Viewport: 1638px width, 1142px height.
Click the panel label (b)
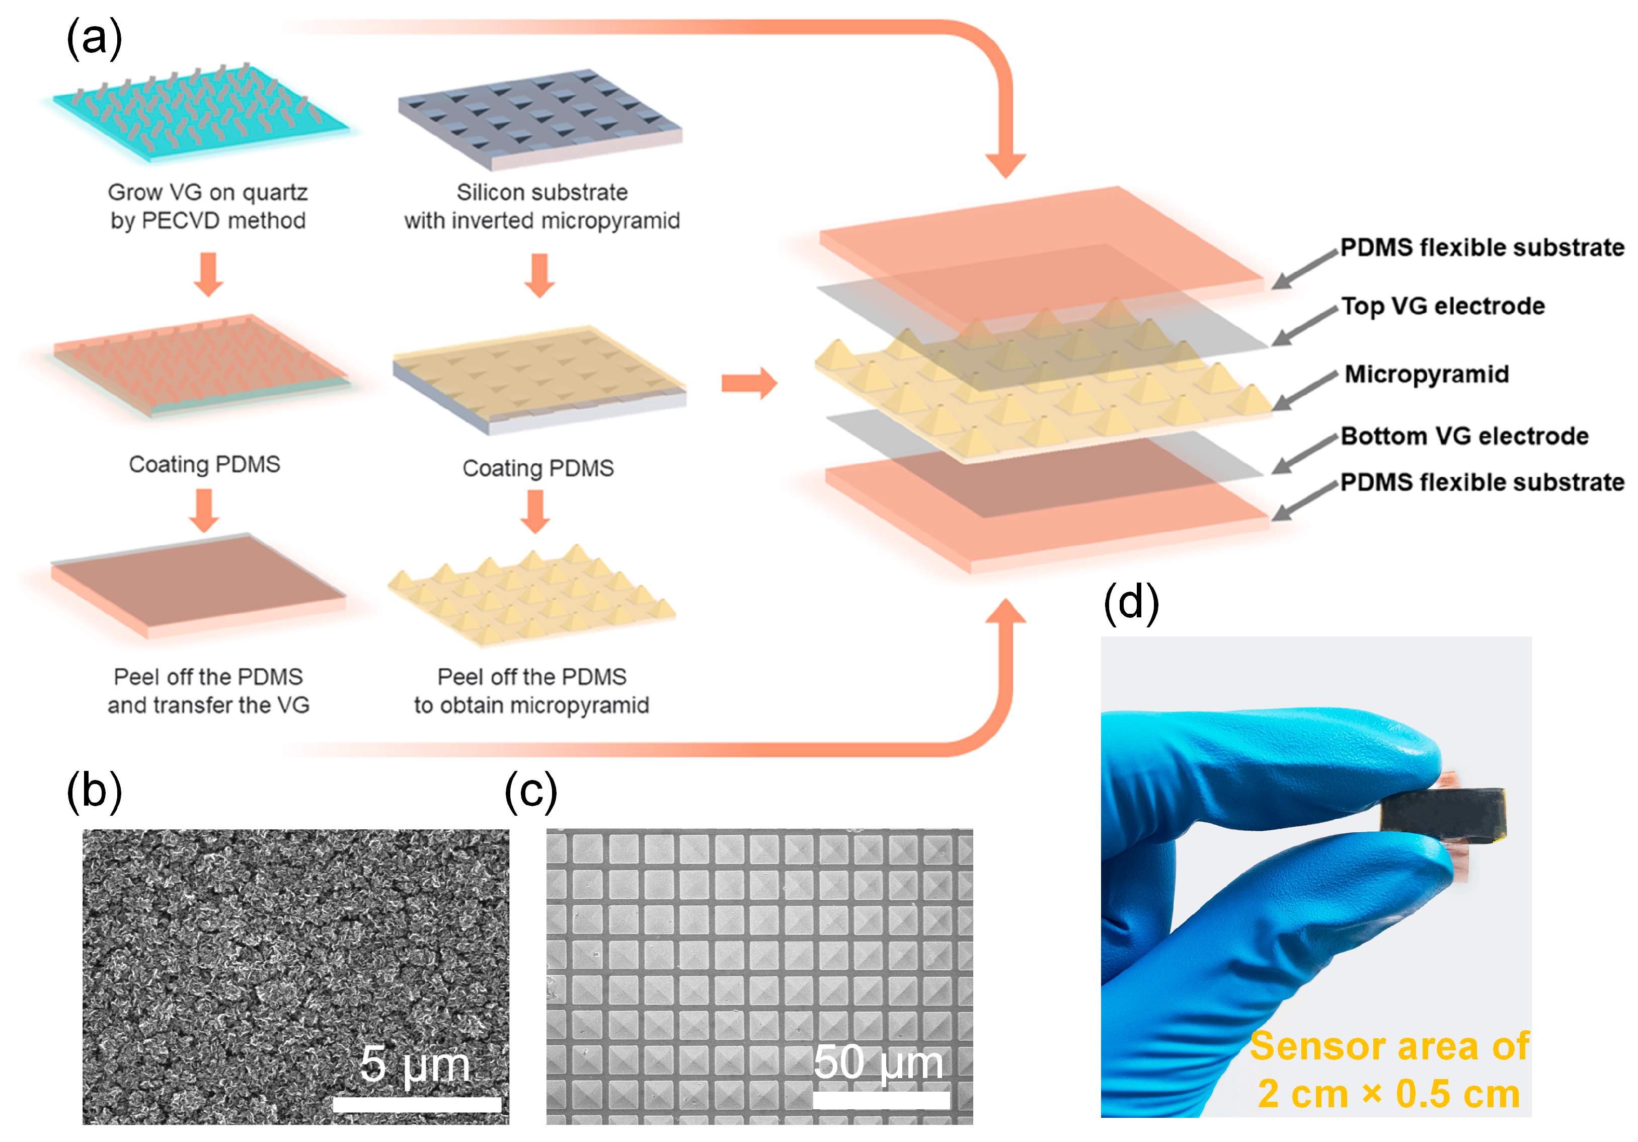(x=94, y=791)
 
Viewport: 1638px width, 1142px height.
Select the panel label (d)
(x=1131, y=602)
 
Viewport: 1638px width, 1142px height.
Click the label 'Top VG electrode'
(x=1443, y=306)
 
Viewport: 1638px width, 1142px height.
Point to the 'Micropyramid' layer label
(x=1426, y=374)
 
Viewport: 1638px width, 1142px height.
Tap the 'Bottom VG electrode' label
(x=1464, y=436)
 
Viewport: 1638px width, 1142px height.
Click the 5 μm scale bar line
(x=417, y=1104)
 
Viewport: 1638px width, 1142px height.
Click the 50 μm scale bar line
(x=881, y=1100)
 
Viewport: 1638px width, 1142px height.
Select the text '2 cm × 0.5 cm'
(x=1388, y=1094)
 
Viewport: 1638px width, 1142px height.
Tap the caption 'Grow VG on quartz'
(x=208, y=192)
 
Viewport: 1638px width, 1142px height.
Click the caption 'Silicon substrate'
(x=541, y=192)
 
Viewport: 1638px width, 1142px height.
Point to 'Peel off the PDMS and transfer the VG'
(x=208, y=690)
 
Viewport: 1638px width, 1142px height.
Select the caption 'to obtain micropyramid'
(x=531, y=705)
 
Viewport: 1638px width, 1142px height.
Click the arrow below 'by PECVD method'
(x=208, y=273)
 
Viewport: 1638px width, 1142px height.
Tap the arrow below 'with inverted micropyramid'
(x=539, y=275)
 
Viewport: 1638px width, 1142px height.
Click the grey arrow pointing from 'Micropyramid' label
(x=1304, y=391)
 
